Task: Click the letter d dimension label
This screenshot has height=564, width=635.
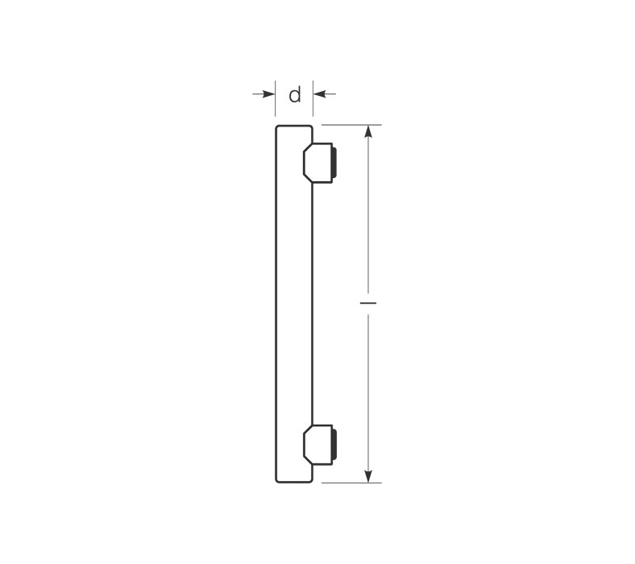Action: click(x=295, y=95)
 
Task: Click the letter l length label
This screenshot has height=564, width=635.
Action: click(x=368, y=302)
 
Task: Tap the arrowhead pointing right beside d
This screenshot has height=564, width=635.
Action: click(x=269, y=94)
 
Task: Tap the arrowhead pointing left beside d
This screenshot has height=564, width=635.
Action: click(x=319, y=94)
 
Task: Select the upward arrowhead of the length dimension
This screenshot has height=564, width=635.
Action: click(x=368, y=131)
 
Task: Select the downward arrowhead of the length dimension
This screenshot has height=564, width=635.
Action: click(x=368, y=476)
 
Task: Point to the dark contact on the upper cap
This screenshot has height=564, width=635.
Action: click(x=334, y=163)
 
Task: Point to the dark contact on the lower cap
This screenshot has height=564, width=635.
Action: click(x=334, y=445)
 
